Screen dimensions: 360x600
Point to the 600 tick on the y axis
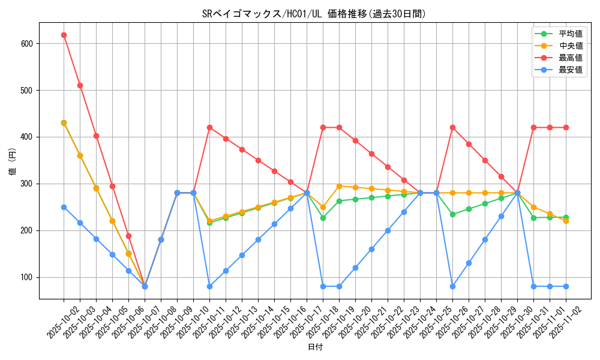coord(27,44)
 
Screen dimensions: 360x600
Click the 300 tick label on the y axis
coord(27,184)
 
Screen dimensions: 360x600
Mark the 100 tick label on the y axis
coord(27,277)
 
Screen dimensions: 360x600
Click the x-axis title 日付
coord(315,347)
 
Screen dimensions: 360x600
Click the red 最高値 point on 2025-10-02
coord(64,35)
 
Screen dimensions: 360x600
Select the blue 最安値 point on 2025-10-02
coord(64,207)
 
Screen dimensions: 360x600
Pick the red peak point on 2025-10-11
coord(209,127)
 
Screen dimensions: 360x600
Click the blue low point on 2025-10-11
coord(209,286)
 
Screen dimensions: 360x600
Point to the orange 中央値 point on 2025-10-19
coord(339,186)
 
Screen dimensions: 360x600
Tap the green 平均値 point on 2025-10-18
coord(323,218)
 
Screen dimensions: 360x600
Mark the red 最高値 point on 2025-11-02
coord(566,127)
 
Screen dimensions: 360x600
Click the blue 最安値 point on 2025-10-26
coord(452,286)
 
